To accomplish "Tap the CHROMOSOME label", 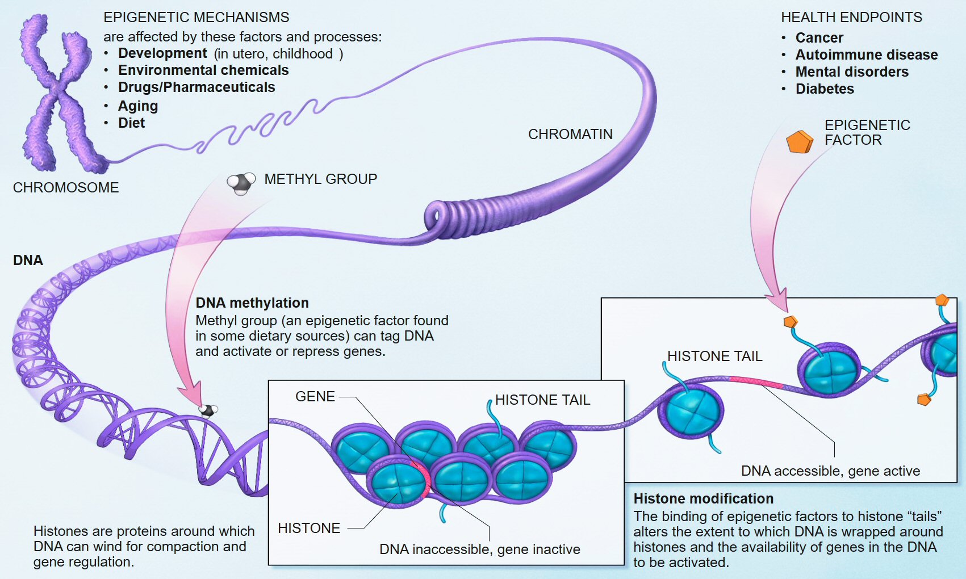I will (66, 188).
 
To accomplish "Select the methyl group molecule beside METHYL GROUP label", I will (241, 183).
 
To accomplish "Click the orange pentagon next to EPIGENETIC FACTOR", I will (799, 142).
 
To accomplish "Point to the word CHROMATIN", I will (570, 135).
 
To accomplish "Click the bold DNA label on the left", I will (28, 261).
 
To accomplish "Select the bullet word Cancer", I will (819, 38).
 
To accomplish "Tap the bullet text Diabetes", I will (825, 89).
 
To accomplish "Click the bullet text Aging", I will (138, 106).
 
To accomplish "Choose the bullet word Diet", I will (131, 123).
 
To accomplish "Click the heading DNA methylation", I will (252, 303).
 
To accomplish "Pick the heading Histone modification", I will (703, 499).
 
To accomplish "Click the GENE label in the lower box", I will (315, 397).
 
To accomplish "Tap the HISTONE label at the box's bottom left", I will (309, 528).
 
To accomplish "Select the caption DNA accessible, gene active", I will (830, 471).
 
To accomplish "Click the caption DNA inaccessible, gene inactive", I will (480, 549).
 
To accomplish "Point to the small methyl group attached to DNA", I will (208, 410).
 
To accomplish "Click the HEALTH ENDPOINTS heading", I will (851, 18).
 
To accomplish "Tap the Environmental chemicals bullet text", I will (203, 70).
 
